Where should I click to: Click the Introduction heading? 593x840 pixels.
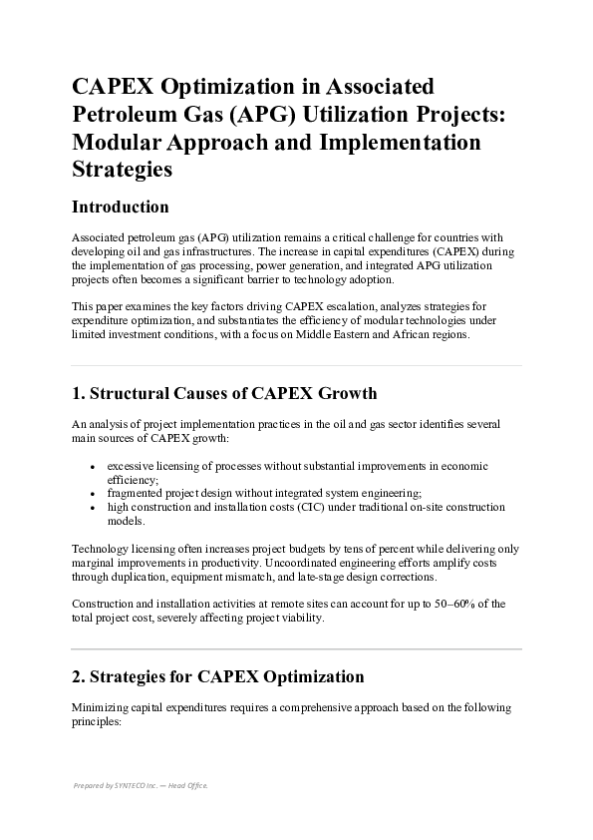tap(121, 208)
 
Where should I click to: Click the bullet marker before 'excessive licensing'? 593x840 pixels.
tap(93, 467)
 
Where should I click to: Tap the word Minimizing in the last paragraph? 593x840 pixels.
tap(102, 707)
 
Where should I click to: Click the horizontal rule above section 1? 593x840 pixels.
tap(296, 365)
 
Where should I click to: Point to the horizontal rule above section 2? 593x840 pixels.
tap(296, 649)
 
